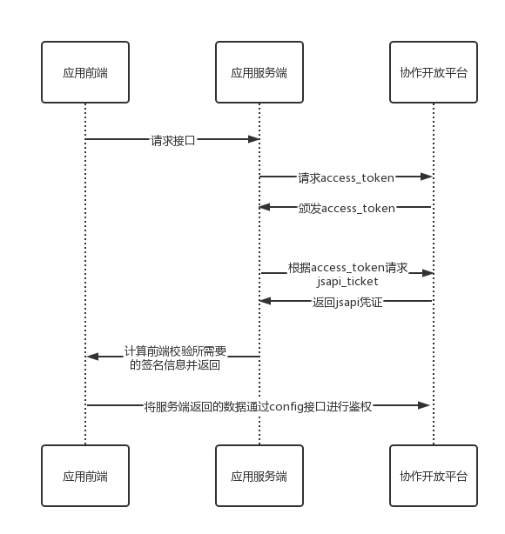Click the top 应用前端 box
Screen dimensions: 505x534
coord(85,72)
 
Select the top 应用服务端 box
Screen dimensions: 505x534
coord(259,72)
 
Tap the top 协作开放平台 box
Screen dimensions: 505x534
coord(434,72)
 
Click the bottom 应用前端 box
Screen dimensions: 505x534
coord(85,476)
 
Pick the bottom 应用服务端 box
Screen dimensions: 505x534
coord(259,476)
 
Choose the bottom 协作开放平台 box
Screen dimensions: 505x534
coord(434,476)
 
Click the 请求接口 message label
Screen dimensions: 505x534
coord(173,140)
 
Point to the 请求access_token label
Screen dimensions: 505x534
coord(347,177)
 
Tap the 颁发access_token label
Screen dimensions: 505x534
coord(347,208)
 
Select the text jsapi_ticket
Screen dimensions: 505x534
coord(347,281)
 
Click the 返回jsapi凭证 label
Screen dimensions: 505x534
coord(347,302)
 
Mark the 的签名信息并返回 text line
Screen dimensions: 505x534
coord(175,364)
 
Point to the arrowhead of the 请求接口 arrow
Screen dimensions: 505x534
coord(254,139)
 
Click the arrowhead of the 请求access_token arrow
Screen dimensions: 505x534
coord(427,177)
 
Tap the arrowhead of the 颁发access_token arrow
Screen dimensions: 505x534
coord(265,207)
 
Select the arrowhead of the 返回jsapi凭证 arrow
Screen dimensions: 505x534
coord(265,301)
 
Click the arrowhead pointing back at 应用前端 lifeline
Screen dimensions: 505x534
coord(93,357)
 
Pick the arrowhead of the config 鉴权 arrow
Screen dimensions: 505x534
coord(424,405)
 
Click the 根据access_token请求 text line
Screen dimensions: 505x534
coord(347,268)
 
